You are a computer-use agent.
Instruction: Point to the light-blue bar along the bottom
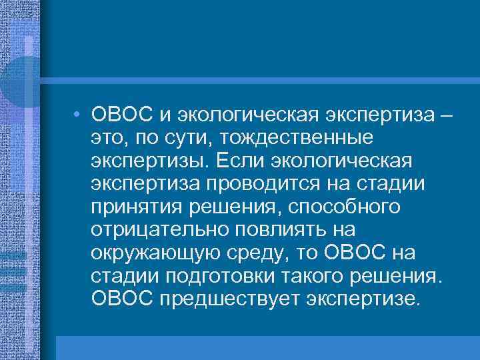click(267, 347)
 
